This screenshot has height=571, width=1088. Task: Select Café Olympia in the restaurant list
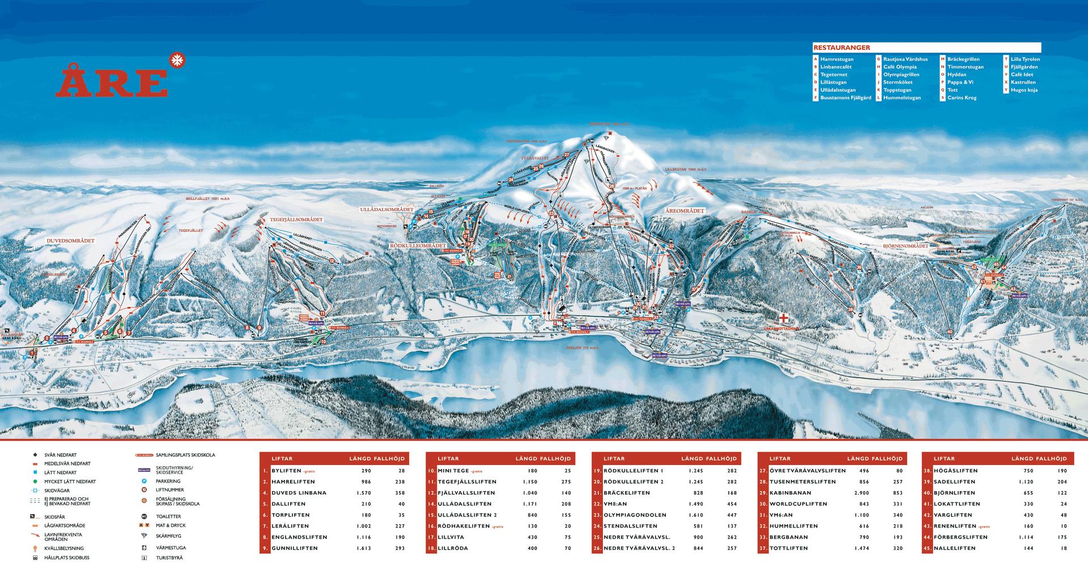tap(899, 67)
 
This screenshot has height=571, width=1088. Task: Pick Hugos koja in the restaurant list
tap(1024, 90)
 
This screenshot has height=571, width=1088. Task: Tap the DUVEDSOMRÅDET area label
tap(70, 241)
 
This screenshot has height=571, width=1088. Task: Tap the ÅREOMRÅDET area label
tap(684, 211)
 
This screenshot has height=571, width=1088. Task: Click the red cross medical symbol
tap(784, 318)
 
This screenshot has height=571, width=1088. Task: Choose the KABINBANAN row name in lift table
tap(789, 493)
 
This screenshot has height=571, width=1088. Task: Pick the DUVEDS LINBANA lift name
tap(299, 493)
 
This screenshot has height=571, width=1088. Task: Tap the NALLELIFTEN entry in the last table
tap(955, 548)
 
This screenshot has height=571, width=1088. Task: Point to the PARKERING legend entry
tap(168, 481)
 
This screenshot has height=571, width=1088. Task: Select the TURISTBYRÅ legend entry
tap(169, 558)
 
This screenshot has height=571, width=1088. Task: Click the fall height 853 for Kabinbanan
tap(895, 493)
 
